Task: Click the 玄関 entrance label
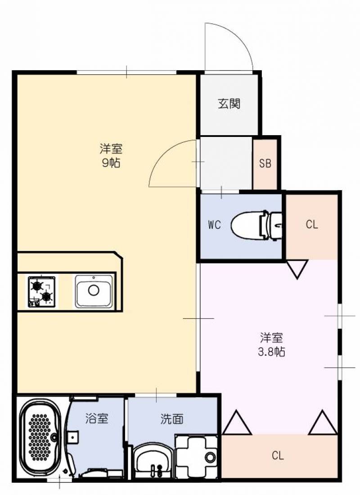229,104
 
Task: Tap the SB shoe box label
265,163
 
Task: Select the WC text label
214,225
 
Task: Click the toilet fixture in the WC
256,225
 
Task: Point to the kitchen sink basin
94,291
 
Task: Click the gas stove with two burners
42,291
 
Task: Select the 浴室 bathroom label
97,418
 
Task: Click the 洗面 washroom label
171,419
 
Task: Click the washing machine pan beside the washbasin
196,456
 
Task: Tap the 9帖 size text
111,163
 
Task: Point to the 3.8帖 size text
271,351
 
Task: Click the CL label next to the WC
312,224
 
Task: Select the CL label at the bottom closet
278,455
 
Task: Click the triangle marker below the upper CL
297,269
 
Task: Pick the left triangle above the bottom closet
237,422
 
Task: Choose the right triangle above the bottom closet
323,422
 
